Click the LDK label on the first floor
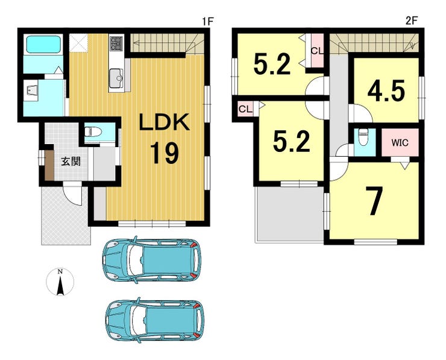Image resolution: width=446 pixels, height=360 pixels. [164, 122]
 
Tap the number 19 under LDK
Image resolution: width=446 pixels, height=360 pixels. [165, 153]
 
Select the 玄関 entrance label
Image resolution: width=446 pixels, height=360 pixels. [71, 162]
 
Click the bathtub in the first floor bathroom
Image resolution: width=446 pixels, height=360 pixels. [44, 44]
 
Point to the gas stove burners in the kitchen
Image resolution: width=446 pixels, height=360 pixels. [116, 43]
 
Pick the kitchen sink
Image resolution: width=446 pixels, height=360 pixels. [116, 78]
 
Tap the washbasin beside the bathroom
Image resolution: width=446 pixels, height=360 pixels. [31, 90]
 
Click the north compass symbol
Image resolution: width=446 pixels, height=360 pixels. [60, 282]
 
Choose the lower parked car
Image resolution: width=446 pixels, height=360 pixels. [155, 320]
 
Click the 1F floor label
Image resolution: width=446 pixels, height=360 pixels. [207, 21]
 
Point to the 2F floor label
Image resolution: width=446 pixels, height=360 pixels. [411, 21]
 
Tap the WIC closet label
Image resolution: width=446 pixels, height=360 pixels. [400, 142]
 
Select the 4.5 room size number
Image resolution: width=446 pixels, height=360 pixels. [386, 90]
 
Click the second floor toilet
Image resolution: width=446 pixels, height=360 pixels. [363, 137]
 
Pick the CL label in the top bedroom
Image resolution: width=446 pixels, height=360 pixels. [317, 51]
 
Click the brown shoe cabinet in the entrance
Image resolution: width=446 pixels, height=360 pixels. [49, 165]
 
